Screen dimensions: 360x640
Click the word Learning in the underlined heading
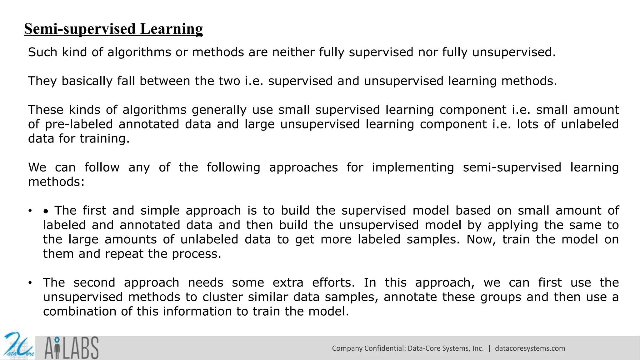click(x=171, y=29)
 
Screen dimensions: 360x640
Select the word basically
click(x=87, y=81)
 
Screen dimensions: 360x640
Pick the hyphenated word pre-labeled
click(x=79, y=124)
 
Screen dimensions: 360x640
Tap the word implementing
click(x=412, y=167)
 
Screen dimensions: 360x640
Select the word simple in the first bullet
click(x=160, y=211)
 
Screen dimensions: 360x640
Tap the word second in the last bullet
click(x=94, y=282)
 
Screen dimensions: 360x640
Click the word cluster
click(x=222, y=297)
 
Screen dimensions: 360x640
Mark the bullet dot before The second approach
click(x=30, y=283)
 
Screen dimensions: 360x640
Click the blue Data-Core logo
click(x=18, y=346)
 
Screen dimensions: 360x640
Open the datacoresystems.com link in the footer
click(x=530, y=348)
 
